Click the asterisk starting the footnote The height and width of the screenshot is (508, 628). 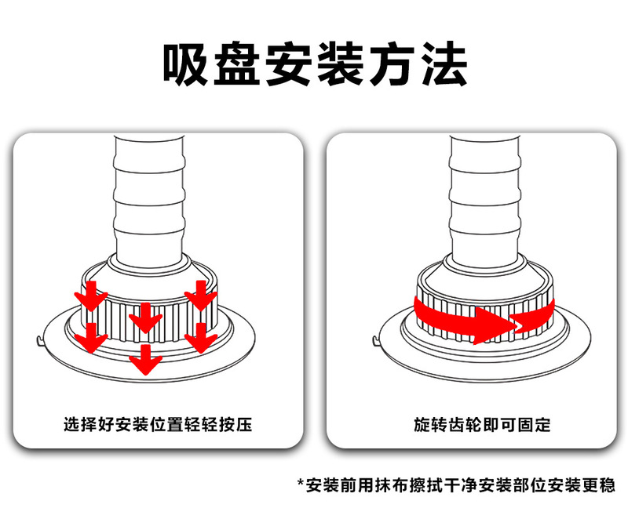(300, 484)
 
